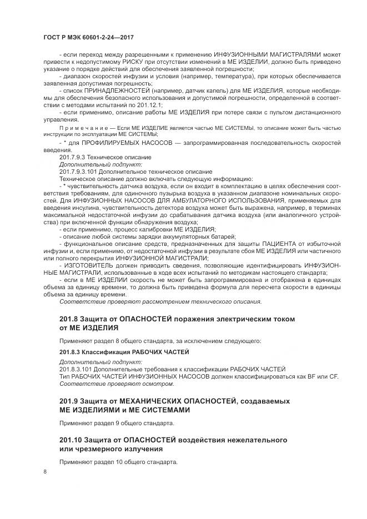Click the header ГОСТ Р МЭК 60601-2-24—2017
[x=89, y=37]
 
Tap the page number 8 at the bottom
[x=46, y=472]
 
